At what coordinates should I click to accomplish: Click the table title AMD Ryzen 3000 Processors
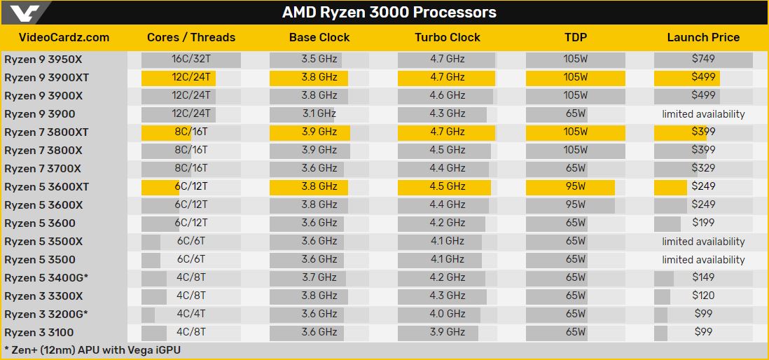[x=389, y=13]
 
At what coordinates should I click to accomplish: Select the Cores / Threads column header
[x=191, y=38]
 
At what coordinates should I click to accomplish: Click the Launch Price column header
[x=703, y=38]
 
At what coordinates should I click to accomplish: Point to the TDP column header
[x=575, y=38]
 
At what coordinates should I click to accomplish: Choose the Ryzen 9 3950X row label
[x=43, y=60]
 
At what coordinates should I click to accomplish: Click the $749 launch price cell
[x=703, y=60]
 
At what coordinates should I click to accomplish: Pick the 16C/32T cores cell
[x=191, y=60]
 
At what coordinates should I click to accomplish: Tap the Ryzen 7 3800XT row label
[x=46, y=132]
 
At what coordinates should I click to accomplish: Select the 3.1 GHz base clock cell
[x=319, y=114]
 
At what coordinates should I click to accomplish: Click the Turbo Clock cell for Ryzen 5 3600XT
[x=447, y=187]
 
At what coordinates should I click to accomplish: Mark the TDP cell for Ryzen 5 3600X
[x=575, y=205]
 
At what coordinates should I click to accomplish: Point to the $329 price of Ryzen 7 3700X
[x=703, y=169]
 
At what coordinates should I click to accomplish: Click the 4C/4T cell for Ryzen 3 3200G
[x=191, y=314]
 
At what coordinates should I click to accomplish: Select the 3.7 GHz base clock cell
[x=319, y=278]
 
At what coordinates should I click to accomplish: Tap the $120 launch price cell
[x=703, y=296]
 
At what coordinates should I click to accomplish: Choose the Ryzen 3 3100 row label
[x=39, y=333]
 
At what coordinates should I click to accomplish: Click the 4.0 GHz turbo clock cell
[x=447, y=314]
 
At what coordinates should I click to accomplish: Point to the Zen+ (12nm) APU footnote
[x=92, y=349]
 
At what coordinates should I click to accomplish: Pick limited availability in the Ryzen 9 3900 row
[x=703, y=114]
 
